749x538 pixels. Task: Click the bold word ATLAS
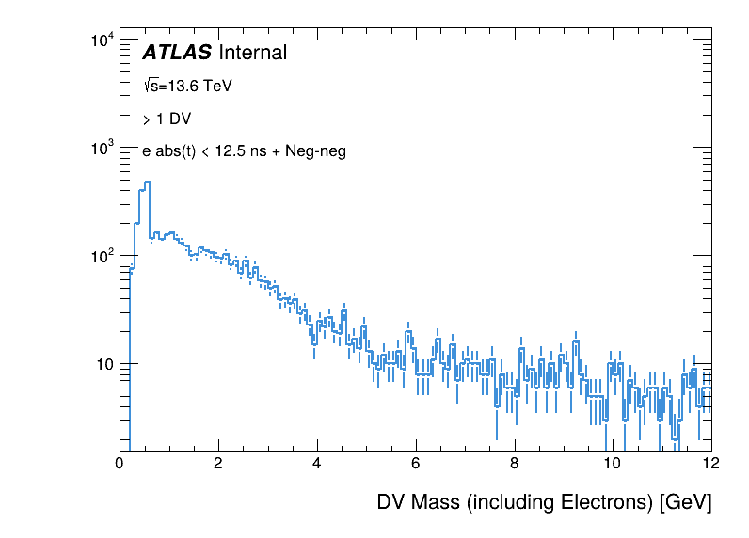tap(177, 53)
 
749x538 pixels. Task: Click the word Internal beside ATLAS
tap(252, 53)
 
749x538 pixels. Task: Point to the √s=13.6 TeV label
tap(187, 86)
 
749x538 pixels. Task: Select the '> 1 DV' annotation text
tap(167, 119)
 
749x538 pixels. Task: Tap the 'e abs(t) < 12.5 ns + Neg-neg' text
tap(244, 150)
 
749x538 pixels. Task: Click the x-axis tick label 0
tap(120, 464)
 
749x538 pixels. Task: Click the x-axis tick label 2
tap(218, 464)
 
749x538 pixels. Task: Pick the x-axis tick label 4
tap(317, 464)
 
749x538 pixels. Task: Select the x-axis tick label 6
tap(416, 464)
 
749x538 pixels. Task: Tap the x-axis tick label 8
tap(514, 464)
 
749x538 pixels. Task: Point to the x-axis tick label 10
tap(613, 464)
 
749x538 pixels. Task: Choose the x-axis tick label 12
tap(710, 464)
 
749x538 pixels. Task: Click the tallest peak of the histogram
tap(148, 182)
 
